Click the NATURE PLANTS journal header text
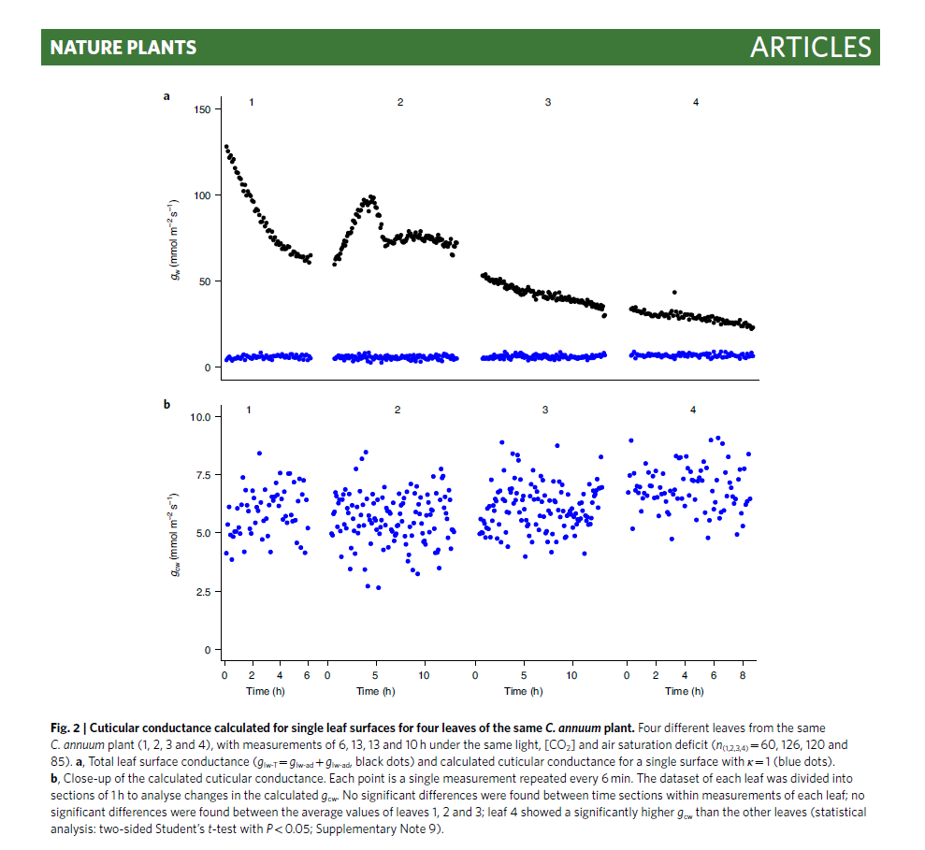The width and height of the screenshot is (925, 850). pyautogui.click(x=123, y=48)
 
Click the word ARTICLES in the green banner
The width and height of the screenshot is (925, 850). pyautogui.click(x=811, y=48)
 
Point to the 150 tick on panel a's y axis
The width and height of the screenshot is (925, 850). pyautogui.click(x=203, y=109)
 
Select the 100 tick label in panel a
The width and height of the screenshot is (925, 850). pyautogui.click(x=203, y=195)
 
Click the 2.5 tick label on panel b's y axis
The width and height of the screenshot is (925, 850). pyautogui.click(x=203, y=592)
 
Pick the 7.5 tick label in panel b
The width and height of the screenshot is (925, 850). pyautogui.click(x=203, y=475)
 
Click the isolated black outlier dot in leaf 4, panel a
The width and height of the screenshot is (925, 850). pyautogui.click(x=674, y=293)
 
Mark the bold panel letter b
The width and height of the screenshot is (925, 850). pyautogui.click(x=166, y=405)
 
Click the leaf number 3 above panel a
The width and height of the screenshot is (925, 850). pyautogui.click(x=548, y=101)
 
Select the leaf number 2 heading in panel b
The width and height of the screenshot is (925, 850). pyautogui.click(x=397, y=410)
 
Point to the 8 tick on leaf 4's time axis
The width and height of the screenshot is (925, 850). pyautogui.click(x=743, y=674)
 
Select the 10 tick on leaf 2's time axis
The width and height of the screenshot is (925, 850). pyautogui.click(x=424, y=674)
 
